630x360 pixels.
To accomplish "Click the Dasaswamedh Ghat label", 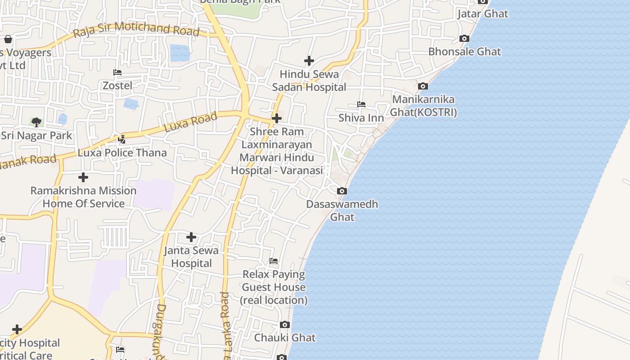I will (x=342, y=211).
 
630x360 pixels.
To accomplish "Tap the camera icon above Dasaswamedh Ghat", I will (x=342, y=191).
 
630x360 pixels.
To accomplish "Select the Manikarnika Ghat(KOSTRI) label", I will (x=423, y=106).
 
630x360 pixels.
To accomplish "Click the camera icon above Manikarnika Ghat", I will (x=423, y=86).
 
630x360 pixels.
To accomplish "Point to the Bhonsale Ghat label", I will (x=464, y=51).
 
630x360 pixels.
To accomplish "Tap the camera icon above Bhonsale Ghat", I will (x=464, y=39).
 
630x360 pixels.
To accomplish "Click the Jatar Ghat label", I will (x=483, y=13).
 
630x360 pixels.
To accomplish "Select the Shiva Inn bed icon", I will (x=361, y=104).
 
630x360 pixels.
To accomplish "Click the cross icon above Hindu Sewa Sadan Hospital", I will (x=309, y=60).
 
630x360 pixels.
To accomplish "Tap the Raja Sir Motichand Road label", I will (x=136, y=29).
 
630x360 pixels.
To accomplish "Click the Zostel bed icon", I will (x=117, y=72).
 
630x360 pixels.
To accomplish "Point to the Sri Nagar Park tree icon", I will (x=36, y=122).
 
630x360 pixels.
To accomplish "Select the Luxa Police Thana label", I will (x=122, y=153).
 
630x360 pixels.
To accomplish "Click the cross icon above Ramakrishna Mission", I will (x=83, y=177).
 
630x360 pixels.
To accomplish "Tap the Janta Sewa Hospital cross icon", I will (x=191, y=237).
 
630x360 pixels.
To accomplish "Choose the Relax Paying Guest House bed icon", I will (x=274, y=261).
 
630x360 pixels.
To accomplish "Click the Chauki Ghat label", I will (x=285, y=337).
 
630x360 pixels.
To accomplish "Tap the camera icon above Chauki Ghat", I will (x=285, y=324).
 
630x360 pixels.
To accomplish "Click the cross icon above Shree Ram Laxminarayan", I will (x=277, y=118).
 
